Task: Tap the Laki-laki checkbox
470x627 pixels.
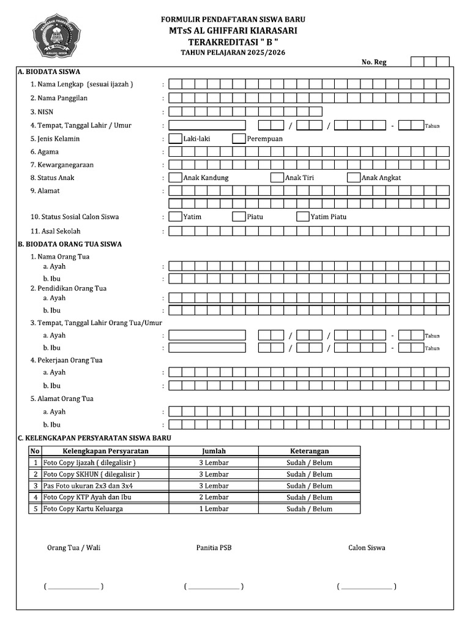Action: pyautogui.click(x=175, y=139)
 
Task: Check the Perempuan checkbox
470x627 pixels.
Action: pyautogui.click(x=239, y=139)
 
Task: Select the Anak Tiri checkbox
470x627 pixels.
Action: pyautogui.click(x=277, y=178)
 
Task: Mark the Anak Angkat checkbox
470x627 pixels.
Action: pyautogui.click(x=353, y=178)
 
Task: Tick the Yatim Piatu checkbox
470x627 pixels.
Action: pyautogui.click(x=302, y=217)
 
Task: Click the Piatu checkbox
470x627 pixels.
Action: pyautogui.click(x=239, y=217)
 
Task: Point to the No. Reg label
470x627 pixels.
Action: pyautogui.click(x=374, y=62)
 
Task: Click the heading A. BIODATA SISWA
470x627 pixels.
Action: pyautogui.click(x=49, y=72)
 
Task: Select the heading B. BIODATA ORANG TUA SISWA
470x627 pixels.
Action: pyautogui.click(x=70, y=244)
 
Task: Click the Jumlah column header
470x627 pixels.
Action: pyautogui.click(x=214, y=451)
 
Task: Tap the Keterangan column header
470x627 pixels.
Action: pyautogui.click(x=309, y=451)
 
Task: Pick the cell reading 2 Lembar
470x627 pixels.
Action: pyautogui.click(x=214, y=498)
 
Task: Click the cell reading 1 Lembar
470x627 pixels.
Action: pyautogui.click(x=214, y=509)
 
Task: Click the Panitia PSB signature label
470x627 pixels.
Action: pyautogui.click(x=214, y=548)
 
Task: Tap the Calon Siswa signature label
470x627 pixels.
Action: pyautogui.click(x=367, y=548)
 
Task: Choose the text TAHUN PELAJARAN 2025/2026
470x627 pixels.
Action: pyautogui.click(x=233, y=53)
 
